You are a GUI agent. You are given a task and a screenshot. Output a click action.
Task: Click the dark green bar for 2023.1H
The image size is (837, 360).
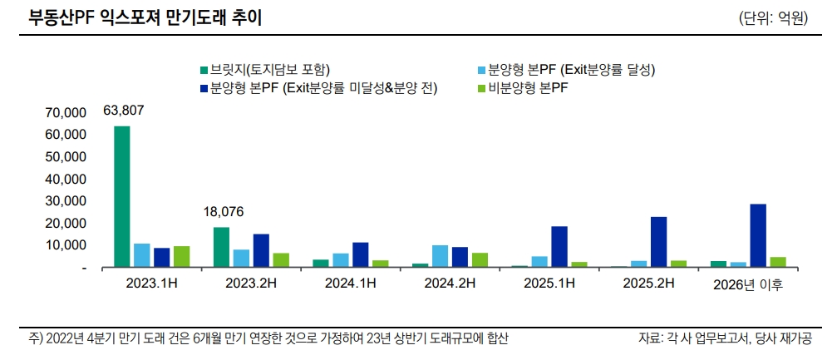coord(121,196)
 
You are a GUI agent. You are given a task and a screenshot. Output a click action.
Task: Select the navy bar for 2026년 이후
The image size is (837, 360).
coord(757,235)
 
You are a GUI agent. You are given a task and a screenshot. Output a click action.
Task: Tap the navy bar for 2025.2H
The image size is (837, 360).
coord(658,242)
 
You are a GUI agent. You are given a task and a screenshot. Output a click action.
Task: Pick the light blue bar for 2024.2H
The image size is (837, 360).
coord(440,256)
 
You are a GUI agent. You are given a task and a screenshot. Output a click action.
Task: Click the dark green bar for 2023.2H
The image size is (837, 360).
coord(221,247)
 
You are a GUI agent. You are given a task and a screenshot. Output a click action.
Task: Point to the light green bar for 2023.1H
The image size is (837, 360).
coord(181,256)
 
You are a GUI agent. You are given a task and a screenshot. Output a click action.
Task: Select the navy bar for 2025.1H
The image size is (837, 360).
coord(559,246)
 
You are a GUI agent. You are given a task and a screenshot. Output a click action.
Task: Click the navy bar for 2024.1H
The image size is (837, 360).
coord(360,254)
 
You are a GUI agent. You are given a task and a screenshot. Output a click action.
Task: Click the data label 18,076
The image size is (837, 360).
coord(223,211)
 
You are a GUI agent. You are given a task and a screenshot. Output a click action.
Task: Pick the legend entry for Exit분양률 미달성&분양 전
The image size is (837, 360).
coord(323,87)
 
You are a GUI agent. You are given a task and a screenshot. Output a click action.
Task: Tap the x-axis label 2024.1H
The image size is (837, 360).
coord(350,283)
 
